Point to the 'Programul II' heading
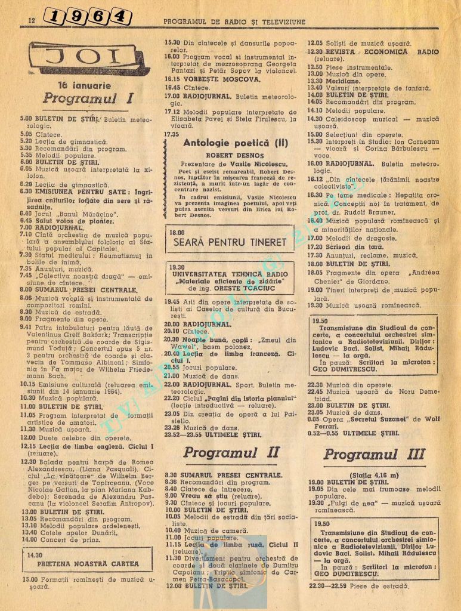tap(231, 452)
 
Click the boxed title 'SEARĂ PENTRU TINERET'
tap(230, 243)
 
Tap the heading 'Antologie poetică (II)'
tap(230, 143)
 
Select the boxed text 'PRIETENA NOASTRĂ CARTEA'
tap(88, 563)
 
